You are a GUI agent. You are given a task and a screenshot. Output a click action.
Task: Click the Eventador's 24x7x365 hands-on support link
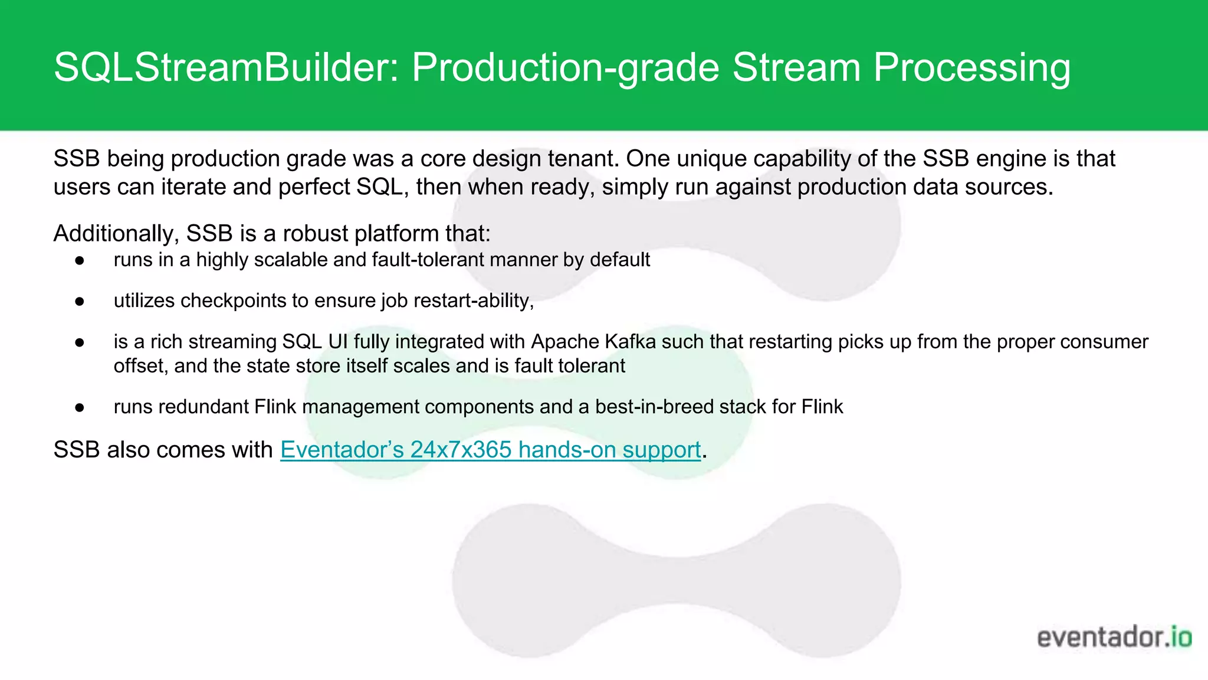(x=490, y=450)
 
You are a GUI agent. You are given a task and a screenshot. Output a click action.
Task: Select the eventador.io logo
(x=1114, y=637)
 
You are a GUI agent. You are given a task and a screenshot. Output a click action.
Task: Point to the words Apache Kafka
(x=593, y=342)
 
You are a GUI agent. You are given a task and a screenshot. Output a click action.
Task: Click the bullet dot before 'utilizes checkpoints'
(x=80, y=302)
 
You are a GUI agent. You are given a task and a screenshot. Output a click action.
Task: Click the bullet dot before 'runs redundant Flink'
(x=80, y=407)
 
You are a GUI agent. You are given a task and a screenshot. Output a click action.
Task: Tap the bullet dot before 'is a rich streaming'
(x=80, y=342)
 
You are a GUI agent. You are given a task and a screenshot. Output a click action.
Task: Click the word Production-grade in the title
(x=565, y=67)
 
